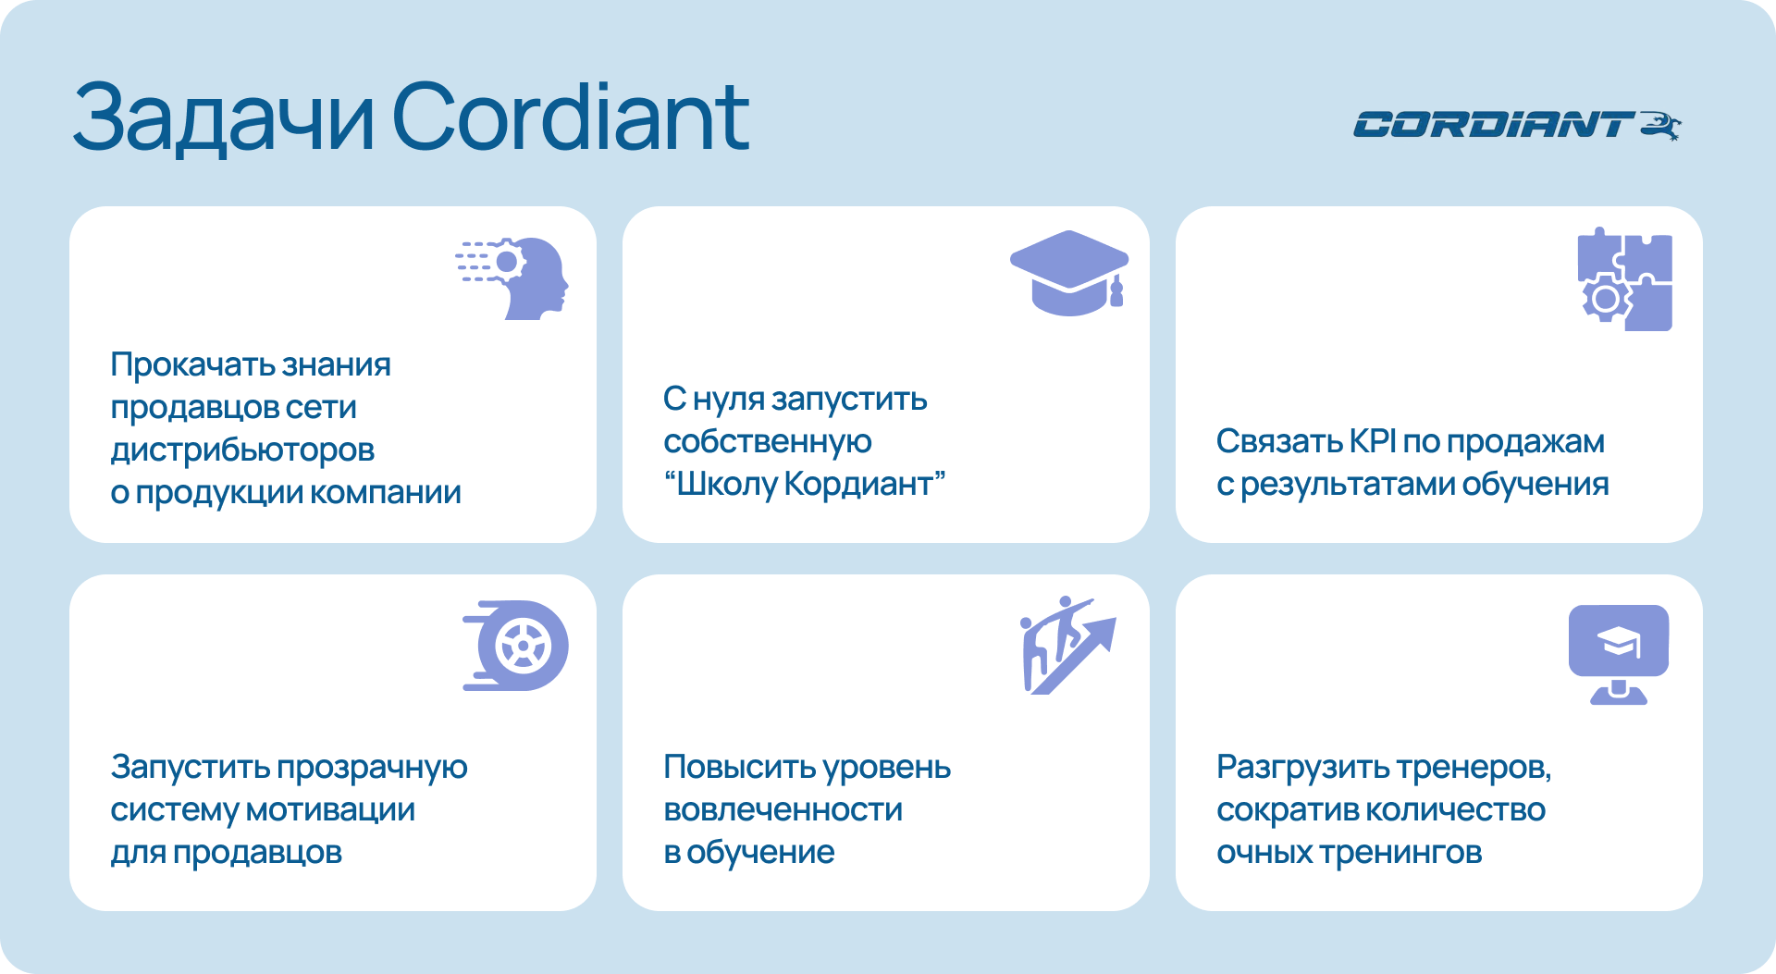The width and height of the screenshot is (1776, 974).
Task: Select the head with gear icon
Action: [x=512, y=278]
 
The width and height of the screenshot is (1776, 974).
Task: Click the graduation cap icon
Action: [x=1069, y=273]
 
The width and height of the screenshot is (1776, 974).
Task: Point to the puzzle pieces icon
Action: [x=1624, y=279]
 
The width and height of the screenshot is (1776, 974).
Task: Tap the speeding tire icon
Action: [x=515, y=646]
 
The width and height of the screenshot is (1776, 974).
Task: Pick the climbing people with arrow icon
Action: [x=1067, y=646]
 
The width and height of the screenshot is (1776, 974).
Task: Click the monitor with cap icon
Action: [x=1619, y=655]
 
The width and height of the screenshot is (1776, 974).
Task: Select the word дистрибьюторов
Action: [x=242, y=450]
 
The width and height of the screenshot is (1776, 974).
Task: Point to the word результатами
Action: [x=1348, y=485]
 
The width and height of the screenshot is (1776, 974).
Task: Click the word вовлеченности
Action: [x=783, y=810]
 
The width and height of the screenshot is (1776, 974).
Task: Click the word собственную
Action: [x=767, y=442]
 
